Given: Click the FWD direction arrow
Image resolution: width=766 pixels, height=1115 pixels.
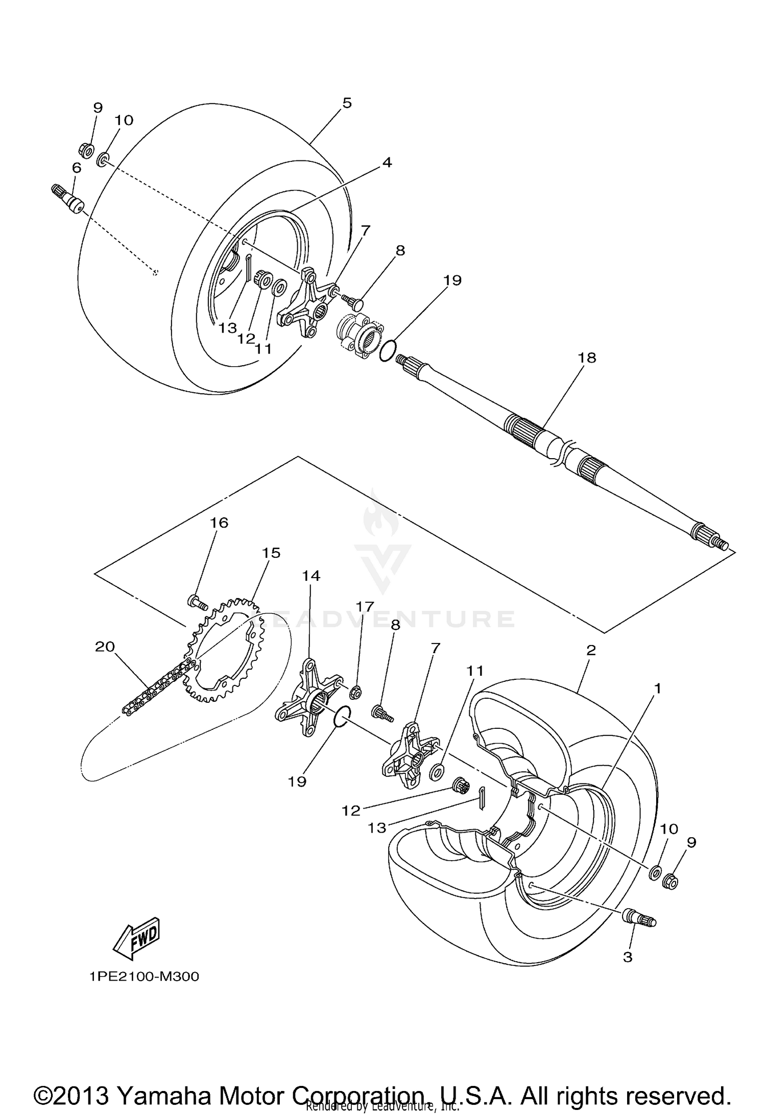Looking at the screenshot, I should click(x=137, y=940).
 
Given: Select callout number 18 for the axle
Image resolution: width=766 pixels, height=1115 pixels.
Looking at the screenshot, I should click(x=587, y=358).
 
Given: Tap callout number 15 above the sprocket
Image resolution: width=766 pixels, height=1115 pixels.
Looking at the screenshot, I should click(x=272, y=553).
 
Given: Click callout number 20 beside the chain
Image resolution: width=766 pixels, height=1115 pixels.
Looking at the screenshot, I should click(x=105, y=647).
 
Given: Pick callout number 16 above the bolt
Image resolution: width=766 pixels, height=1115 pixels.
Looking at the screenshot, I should click(x=219, y=523).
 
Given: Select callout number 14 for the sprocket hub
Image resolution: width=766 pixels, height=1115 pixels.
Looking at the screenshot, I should click(x=310, y=576).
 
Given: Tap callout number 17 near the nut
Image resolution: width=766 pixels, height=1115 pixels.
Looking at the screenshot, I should click(x=365, y=606).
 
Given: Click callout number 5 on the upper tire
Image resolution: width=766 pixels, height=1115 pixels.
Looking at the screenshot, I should click(x=347, y=103).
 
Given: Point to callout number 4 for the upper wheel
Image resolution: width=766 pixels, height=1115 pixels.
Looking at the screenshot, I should click(x=387, y=162).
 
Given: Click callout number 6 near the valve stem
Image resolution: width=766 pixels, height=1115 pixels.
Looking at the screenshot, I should click(x=77, y=168).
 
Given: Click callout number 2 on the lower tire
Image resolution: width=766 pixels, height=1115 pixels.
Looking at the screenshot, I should click(x=591, y=650).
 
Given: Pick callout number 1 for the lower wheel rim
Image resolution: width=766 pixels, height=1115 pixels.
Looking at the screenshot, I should click(x=657, y=689).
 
